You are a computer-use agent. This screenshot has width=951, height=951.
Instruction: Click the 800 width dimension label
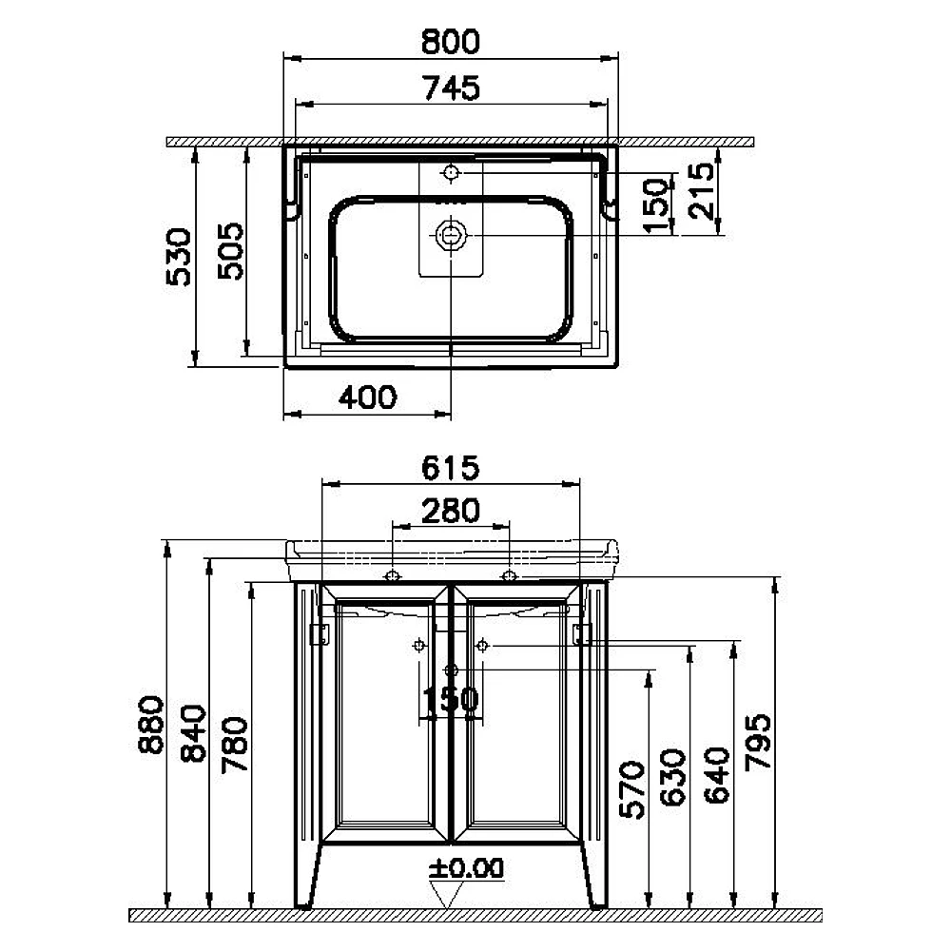click(450, 42)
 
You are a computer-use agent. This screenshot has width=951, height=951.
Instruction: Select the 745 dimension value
click(452, 87)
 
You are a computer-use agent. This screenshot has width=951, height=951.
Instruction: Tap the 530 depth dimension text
click(179, 257)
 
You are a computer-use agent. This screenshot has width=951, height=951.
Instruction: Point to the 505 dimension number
click(230, 251)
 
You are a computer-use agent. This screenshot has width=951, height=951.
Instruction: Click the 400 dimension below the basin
click(367, 398)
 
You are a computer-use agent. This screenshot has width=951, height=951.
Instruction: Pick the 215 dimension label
click(703, 190)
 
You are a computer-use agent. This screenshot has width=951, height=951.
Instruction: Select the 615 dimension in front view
click(450, 468)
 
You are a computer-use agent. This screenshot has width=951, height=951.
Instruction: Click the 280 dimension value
click(451, 511)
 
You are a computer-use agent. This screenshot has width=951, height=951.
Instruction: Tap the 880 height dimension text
click(151, 724)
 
